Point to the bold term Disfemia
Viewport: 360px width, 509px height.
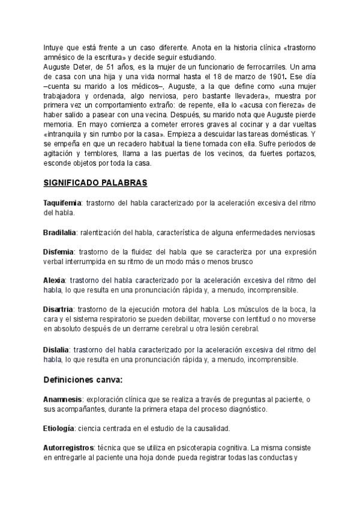pos(59,251)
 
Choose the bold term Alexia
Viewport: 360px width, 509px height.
pos(55,280)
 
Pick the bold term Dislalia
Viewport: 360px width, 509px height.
pos(56,349)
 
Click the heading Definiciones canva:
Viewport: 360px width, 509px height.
pos(83,379)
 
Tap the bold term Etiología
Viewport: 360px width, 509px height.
pos(59,428)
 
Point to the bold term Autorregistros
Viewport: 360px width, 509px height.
pos(68,448)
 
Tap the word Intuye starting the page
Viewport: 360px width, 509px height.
pos(54,47)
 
